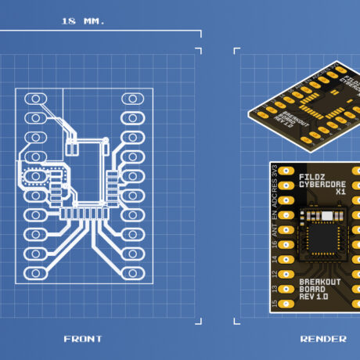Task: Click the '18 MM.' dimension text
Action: pyautogui.click(x=82, y=21)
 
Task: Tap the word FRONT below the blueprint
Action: pyautogui.click(x=83, y=338)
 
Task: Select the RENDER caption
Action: pyautogui.click(x=323, y=338)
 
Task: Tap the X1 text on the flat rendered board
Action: pyautogui.click(x=340, y=192)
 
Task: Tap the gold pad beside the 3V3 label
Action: pyautogui.click(x=286, y=170)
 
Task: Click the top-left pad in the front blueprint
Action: pyautogui.click(x=35, y=99)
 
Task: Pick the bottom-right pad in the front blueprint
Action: pyautogui.click(x=131, y=272)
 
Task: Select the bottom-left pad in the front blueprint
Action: pyautogui.click(x=35, y=273)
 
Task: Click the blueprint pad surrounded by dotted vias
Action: pyautogui.click(x=36, y=176)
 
